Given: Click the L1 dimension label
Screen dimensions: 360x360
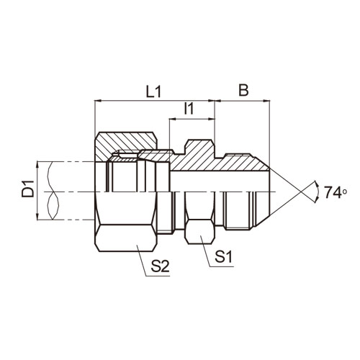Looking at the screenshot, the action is click(153, 91).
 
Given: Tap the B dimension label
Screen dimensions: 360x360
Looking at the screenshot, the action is click(243, 90).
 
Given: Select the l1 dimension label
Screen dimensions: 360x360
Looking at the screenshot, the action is click(189, 109).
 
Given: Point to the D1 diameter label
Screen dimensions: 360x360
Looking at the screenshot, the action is click(28, 189).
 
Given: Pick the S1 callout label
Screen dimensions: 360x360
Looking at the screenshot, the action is click(223, 256).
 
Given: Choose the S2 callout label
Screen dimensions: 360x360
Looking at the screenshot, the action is click(160, 266).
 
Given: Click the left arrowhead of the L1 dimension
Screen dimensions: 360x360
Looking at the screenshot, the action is click(98, 101).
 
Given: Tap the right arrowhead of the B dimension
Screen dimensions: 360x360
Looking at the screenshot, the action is click(267, 101).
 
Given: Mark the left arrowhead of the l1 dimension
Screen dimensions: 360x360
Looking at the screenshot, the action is click(173, 119).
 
